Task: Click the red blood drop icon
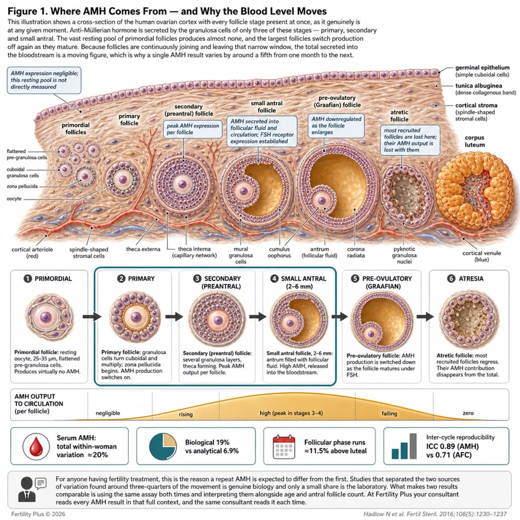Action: tap(36, 446)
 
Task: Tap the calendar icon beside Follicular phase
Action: tap(284, 446)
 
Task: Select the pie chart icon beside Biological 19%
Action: tap(163, 446)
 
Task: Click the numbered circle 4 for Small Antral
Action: tap(275, 279)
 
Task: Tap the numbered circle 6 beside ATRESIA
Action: tap(451, 279)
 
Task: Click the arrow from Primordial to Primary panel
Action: tap(92, 316)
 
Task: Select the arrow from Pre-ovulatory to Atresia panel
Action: tap(425, 316)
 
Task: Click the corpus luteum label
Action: tap(474, 141)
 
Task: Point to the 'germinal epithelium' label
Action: tap(483, 68)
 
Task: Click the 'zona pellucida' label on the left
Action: tap(22, 186)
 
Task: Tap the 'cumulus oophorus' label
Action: tap(279, 252)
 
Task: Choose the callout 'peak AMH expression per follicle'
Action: tap(193, 129)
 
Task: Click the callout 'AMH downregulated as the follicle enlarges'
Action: tap(336, 126)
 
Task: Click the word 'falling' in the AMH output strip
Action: tap(389, 414)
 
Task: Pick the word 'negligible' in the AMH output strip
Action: tap(108, 413)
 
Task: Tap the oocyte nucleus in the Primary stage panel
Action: tap(136, 316)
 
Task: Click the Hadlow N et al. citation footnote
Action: tap(435, 514)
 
